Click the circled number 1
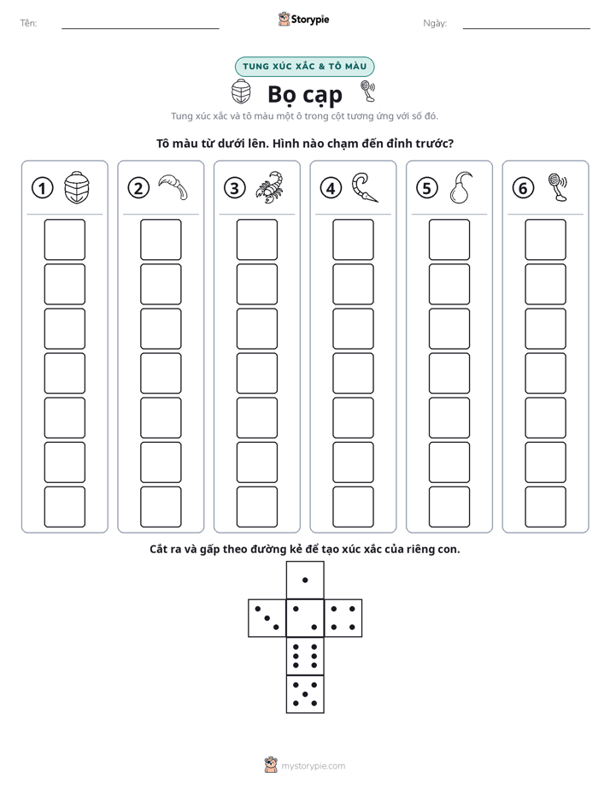[x=42, y=188]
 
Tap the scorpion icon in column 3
[x=270, y=187]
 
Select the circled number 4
[x=331, y=188]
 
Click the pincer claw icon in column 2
[x=173, y=187]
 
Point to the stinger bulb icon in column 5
[x=460, y=187]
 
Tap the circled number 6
[x=523, y=188]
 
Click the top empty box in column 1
[x=65, y=239]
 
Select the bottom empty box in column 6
[x=546, y=507]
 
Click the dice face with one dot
[x=305, y=580]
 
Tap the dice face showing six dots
[x=305, y=656]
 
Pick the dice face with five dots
[x=305, y=693]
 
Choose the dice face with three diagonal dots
[x=267, y=617]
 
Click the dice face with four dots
[x=343, y=617]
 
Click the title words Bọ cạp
[x=305, y=95]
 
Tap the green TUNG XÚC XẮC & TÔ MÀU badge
[x=304, y=67]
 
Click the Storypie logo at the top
[x=304, y=19]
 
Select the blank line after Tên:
[x=140, y=28]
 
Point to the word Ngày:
[x=435, y=23]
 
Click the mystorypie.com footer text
[x=313, y=766]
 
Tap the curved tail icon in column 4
[x=365, y=187]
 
